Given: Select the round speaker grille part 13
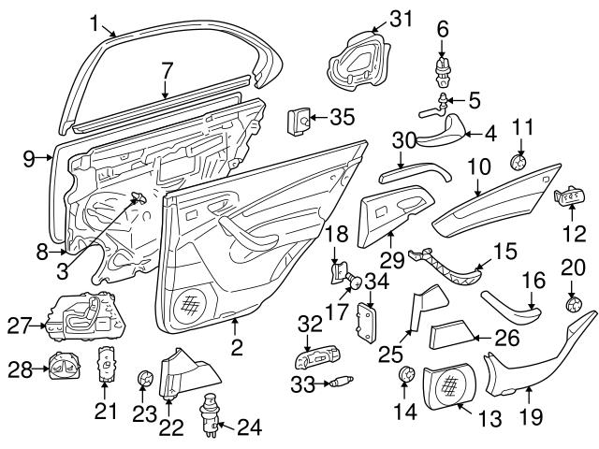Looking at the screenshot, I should pos(451,385).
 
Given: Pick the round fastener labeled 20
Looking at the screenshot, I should pos(574,303).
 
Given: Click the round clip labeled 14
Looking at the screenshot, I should pos(406,375).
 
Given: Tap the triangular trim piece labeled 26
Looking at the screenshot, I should pos(459,335).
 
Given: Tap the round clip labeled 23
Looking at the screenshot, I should pos(144,379).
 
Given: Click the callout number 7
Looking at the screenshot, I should pos(166,69).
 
